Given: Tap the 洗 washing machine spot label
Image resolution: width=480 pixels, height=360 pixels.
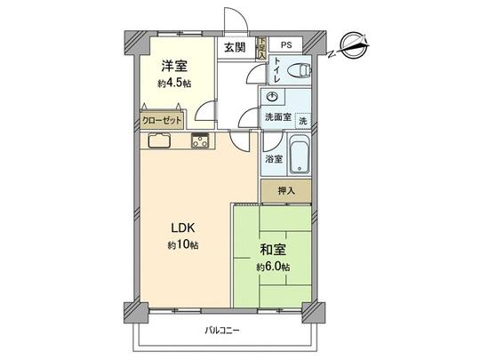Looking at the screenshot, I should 303,120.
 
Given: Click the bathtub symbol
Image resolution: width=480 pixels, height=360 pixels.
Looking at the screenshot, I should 300,155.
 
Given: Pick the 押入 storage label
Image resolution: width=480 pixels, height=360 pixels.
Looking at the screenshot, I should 286,190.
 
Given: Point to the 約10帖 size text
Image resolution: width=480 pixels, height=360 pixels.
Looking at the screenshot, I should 182,244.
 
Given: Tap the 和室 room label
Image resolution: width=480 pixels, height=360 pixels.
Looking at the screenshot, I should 271,250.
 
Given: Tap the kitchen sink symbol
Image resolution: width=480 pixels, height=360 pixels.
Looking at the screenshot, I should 160,140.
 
